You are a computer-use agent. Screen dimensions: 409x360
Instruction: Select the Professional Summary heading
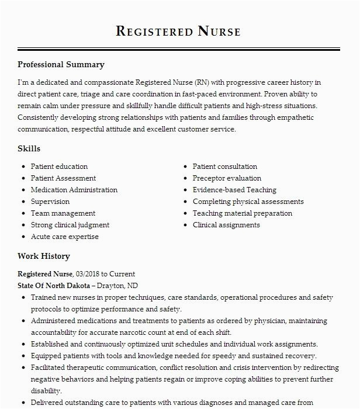[x=61, y=65]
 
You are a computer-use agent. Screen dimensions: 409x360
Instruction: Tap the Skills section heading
[x=29, y=149]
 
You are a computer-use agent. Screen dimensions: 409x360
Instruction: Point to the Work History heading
[x=43, y=256]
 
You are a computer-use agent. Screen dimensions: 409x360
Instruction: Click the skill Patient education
[x=59, y=167]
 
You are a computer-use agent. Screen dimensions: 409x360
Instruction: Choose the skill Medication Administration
[x=74, y=190]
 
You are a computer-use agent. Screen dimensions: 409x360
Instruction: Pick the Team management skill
[x=63, y=213]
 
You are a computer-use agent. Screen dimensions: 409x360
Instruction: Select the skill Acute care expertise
[x=64, y=237]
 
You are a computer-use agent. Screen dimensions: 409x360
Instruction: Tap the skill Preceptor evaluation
[x=227, y=178]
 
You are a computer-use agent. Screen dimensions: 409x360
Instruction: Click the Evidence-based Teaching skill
[x=234, y=190]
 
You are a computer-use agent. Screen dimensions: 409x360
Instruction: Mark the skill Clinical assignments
[x=226, y=225]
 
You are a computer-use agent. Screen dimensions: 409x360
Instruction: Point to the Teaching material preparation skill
[x=243, y=213]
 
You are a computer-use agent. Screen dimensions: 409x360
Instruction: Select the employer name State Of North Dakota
[x=54, y=286]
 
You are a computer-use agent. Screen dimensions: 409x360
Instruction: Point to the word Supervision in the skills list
[x=50, y=202]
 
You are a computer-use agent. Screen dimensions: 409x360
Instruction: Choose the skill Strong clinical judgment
[x=70, y=225]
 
